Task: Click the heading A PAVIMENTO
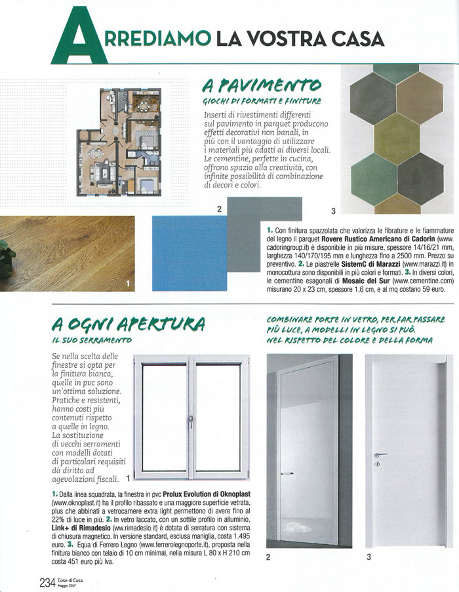262,85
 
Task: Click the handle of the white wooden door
380,456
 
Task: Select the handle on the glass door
287,473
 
